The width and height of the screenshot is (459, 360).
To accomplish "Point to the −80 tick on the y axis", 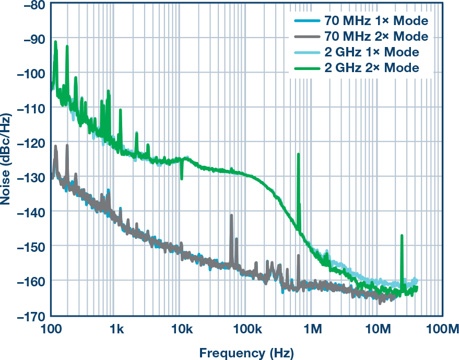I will click(x=31, y=5).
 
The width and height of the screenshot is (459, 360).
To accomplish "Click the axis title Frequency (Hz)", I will click(x=246, y=352).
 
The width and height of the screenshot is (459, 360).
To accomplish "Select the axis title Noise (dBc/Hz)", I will click(x=8, y=159).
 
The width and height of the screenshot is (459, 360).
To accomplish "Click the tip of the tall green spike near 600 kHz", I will click(x=298, y=154).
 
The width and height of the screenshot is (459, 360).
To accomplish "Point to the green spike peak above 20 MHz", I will click(x=402, y=236).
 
